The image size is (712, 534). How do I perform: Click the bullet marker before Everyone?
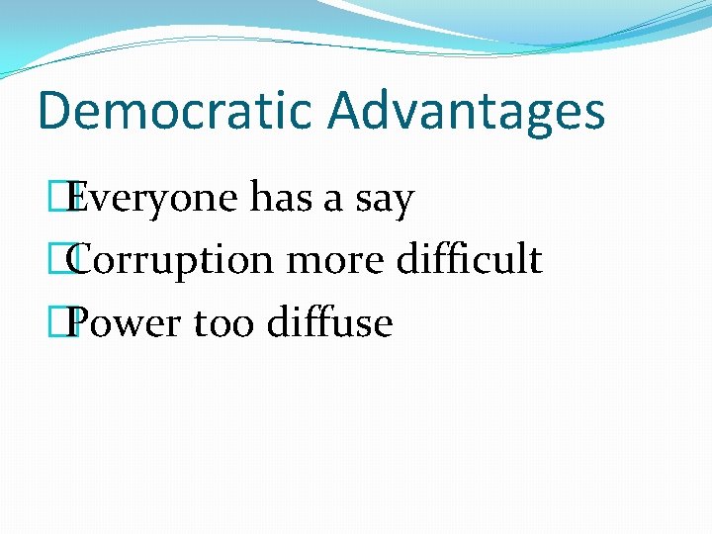64,199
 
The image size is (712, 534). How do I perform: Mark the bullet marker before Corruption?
64,260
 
